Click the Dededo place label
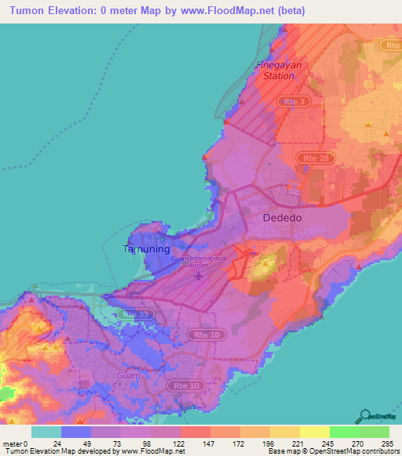click(x=283, y=218)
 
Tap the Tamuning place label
click(x=146, y=250)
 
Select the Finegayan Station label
click(x=279, y=71)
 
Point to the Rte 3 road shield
click(x=294, y=101)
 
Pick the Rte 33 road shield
click(x=136, y=315)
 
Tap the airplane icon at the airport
click(x=199, y=275)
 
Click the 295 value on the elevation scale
click(x=385, y=443)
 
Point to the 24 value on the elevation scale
click(x=57, y=443)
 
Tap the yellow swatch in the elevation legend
click(x=314, y=432)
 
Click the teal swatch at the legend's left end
click(x=46, y=432)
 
